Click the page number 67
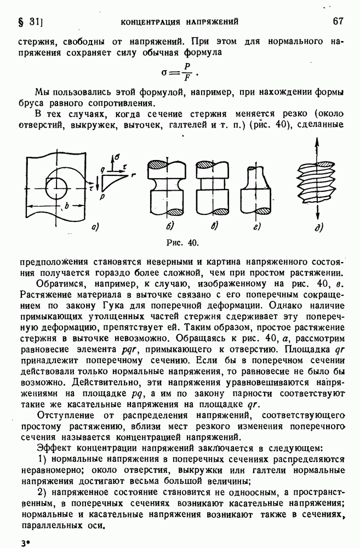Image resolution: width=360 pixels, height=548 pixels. [x=338, y=21]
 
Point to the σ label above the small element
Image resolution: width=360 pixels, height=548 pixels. [x=116, y=156]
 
